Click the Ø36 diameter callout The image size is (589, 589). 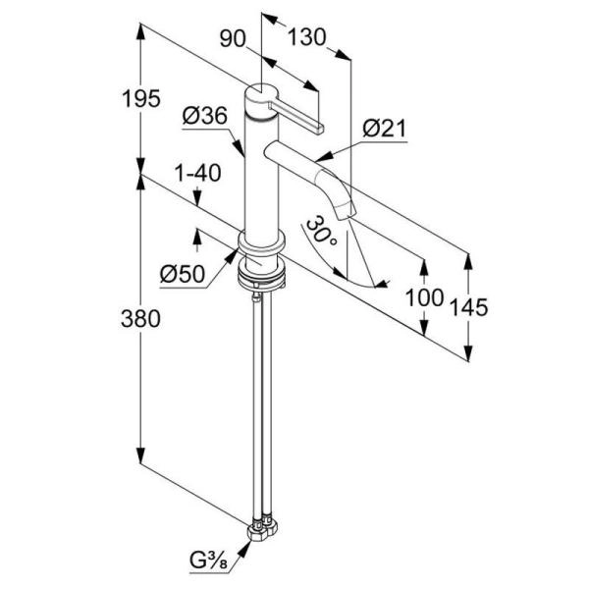205,116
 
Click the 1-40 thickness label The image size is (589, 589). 196,173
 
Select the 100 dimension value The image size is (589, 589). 424,298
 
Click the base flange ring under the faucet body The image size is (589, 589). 262,245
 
